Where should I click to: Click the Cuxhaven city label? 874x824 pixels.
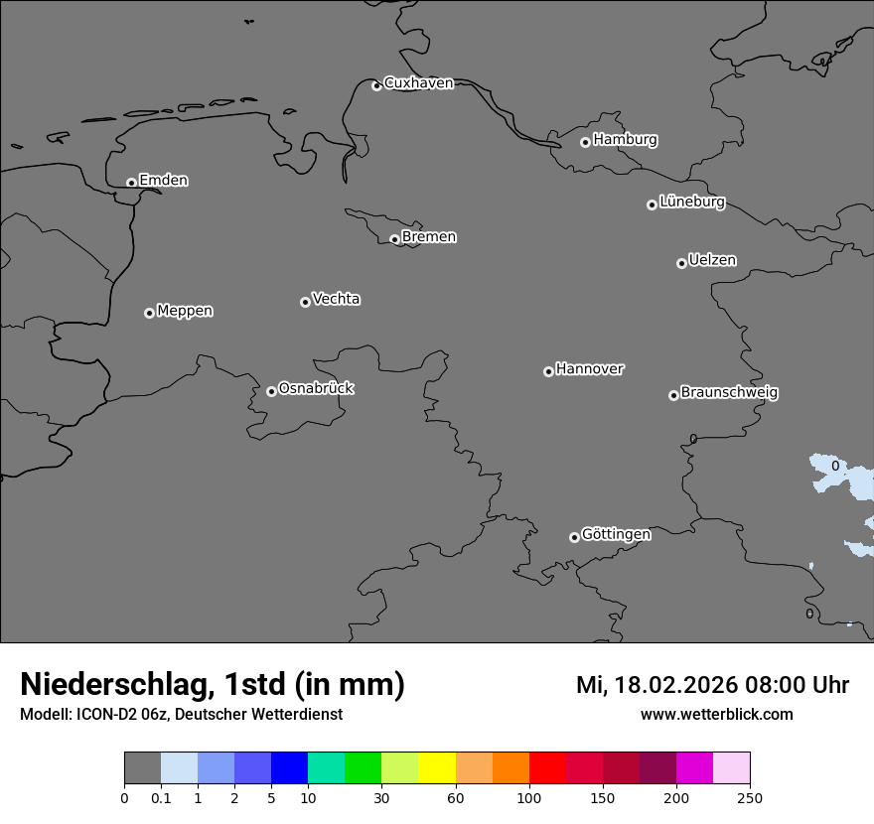418,83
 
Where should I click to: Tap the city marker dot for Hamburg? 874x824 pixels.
585,142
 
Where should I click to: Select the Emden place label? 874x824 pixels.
163,181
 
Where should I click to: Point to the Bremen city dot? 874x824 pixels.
394,239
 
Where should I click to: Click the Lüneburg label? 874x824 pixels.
692,203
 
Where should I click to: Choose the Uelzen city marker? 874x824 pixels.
681,263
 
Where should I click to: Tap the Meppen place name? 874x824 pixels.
185,312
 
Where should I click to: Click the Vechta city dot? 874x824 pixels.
305,302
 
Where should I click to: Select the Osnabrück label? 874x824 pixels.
316,389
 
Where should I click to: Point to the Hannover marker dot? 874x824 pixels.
548,371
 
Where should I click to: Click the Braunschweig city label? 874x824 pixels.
729,393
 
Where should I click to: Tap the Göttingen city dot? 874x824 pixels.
574,537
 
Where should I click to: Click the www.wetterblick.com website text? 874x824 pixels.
716,715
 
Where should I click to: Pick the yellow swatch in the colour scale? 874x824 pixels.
437,769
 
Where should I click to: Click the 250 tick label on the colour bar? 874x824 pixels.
750,797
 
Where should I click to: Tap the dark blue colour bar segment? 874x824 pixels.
289,769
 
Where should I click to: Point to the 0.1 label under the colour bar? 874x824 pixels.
161,797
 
